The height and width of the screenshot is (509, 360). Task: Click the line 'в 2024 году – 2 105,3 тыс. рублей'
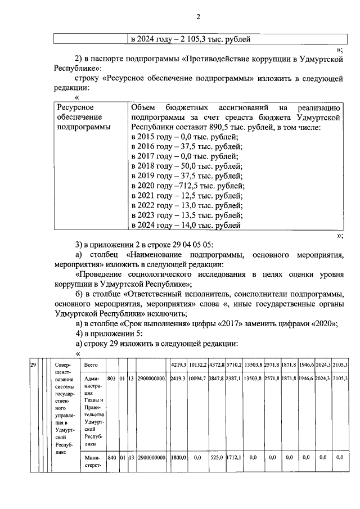click(190, 39)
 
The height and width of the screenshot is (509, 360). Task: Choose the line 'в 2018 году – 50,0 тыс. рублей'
click(186, 166)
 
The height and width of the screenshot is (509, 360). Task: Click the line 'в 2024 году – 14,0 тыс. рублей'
click(186, 226)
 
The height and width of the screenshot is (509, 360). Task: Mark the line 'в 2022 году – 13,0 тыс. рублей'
click(186, 206)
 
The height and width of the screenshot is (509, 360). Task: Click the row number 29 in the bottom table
click(33, 366)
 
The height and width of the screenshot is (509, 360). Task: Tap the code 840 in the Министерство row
click(111, 458)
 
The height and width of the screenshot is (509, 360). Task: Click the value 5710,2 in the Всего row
click(234, 366)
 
